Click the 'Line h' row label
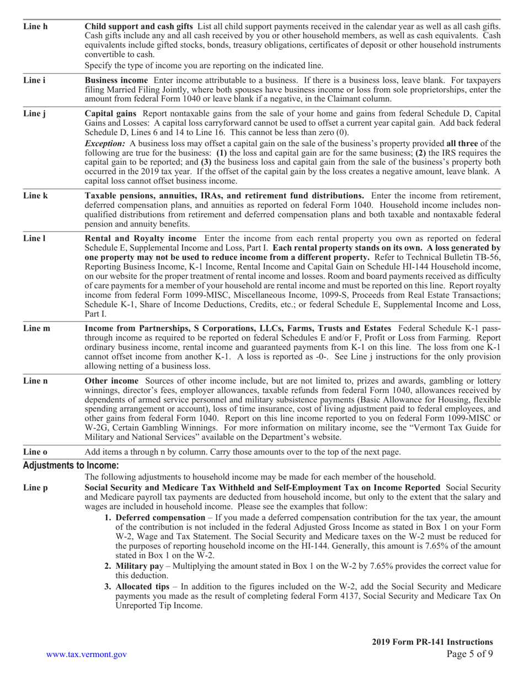coord(35,26)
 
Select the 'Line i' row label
coord(34,80)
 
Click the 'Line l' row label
coord(34,238)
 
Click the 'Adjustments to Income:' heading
coord(71,466)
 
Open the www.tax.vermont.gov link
coord(87,654)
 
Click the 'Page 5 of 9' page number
coord(469,654)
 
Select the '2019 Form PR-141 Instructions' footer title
coord(432,642)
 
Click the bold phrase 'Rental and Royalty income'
coord(140,238)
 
